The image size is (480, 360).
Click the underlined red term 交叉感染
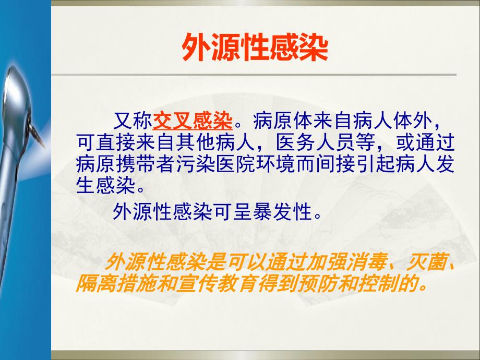pyautogui.click(x=193, y=122)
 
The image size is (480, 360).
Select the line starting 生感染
pyautogui.click(x=111, y=184)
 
